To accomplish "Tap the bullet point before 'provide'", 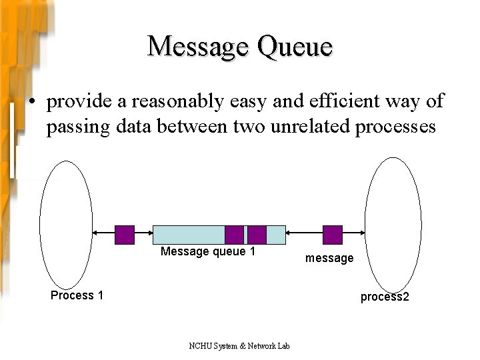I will point(31,102).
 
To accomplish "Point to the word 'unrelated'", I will point(311,127).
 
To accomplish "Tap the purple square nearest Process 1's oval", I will point(125,235).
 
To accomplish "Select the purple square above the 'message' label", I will point(333,235).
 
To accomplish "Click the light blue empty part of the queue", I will point(189,235).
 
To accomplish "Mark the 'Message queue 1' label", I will point(208,251).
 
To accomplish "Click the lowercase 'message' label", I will point(329,258).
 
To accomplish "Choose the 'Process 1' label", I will point(77,295).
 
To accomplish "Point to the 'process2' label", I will point(385,297).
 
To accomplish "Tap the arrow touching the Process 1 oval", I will point(103,233).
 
